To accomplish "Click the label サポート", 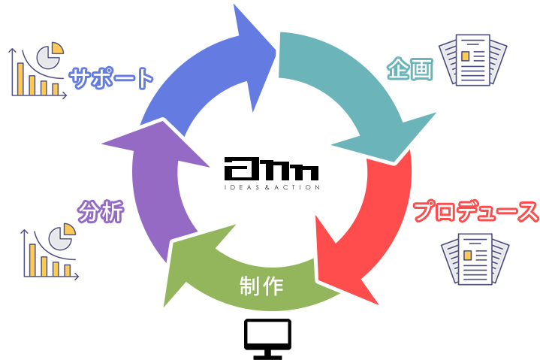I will [111, 77].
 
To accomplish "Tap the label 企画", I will [410, 69].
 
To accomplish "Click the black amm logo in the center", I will [271, 168].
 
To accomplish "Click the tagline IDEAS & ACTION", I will [271, 187].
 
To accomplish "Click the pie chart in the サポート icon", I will [50, 55].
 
